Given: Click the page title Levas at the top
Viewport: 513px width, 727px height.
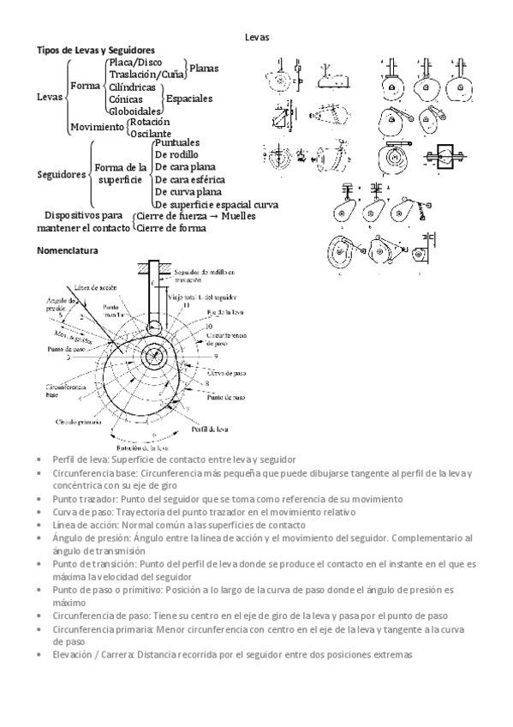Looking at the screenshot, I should tap(256, 38).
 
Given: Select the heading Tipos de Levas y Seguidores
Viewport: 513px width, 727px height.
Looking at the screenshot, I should tap(94, 51).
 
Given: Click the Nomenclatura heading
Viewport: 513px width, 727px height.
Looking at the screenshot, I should tap(68, 251).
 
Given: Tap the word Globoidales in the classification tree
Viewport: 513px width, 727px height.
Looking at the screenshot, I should tap(133, 111).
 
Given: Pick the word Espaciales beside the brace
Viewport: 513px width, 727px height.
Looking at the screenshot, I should tap(189, 99).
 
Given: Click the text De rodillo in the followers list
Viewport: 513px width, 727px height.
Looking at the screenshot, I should tap(178, 153).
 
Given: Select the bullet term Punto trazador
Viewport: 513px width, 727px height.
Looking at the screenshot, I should tap(86, 498).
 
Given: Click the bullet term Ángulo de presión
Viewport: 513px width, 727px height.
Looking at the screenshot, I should tap(89, 538).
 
